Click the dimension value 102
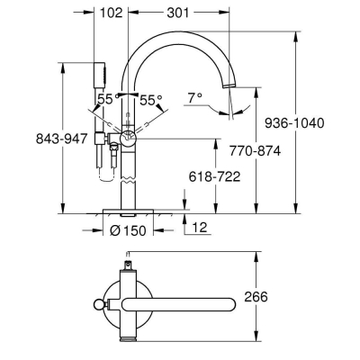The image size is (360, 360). pos(111,13)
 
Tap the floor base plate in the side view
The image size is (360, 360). pos(128,211)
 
